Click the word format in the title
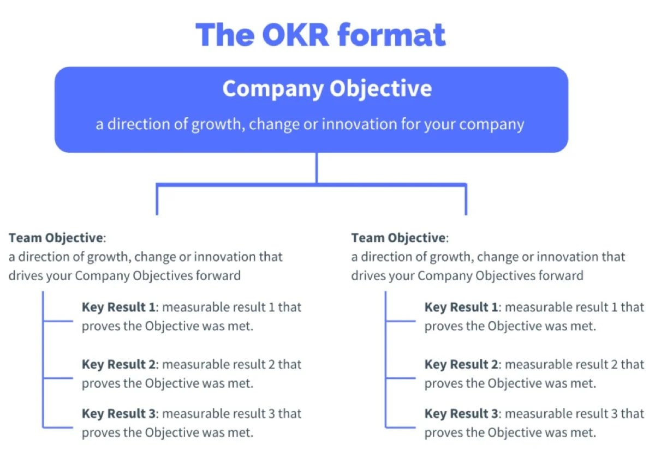pos(392,34)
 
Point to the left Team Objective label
pos(55,238)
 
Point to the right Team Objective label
pos(398,238)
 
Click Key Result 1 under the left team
pos(118,307)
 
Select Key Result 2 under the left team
pos(118,364)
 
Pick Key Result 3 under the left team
pos(118,414)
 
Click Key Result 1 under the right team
pos(461,307)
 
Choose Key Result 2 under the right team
pos(461,364)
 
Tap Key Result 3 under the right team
pos(461,414)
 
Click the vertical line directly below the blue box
pos(317,168)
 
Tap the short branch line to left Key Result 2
pos(57,377)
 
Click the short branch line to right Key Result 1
pos(400,321)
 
